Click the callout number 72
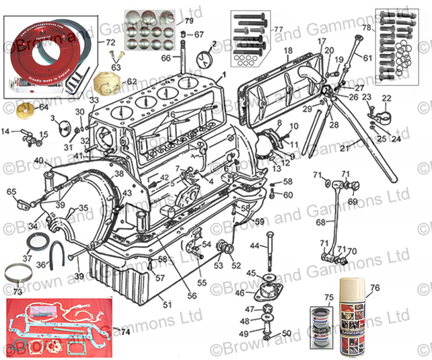click(x=111, y=42)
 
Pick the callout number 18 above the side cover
click(x=288, y=51)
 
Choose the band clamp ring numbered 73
click(x=17, y=276)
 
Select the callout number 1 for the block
click(x=223, y=75)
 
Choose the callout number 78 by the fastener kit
click(x=367, y=28)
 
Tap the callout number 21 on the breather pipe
click(x=343, y=147)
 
